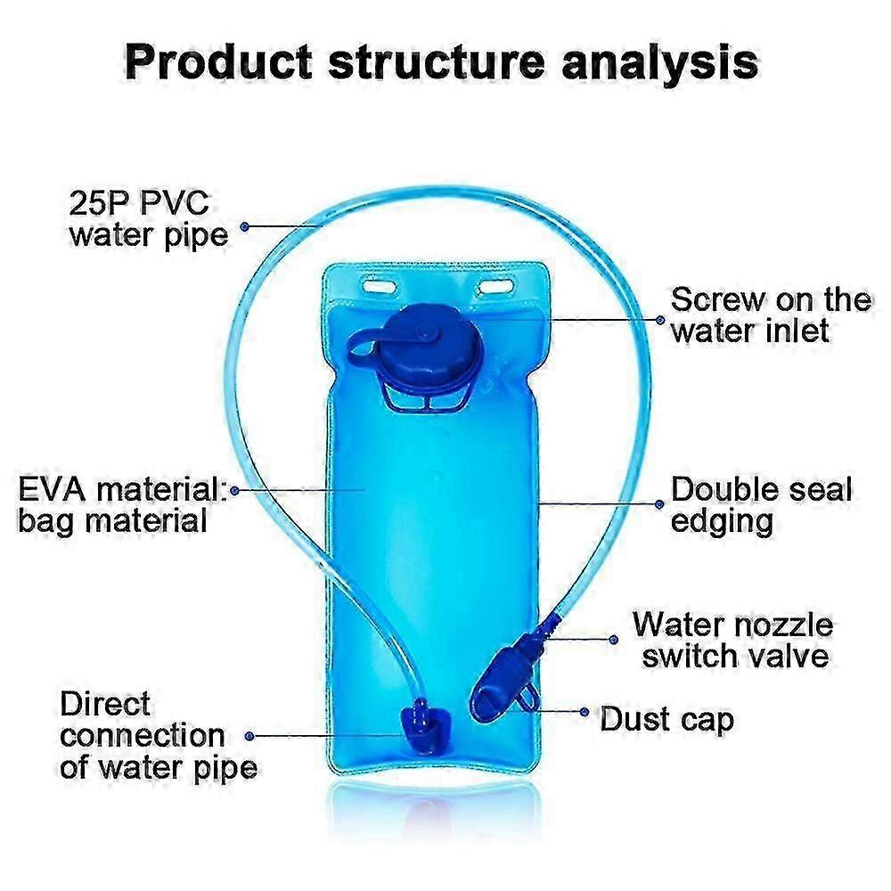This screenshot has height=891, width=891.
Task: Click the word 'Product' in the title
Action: click(x=218, y=62)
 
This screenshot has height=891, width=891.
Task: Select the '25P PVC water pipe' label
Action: click(x=148, y=220)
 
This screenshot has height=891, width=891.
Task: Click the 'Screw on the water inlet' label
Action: click(x=771, y=315)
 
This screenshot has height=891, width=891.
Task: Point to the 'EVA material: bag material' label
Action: click(x=121, y=505)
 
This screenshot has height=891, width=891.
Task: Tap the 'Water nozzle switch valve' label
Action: click(x=733, y=641)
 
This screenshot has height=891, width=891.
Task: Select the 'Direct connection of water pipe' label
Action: click(x=158, y=736)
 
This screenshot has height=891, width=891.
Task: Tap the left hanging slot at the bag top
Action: click(x=380, y=285)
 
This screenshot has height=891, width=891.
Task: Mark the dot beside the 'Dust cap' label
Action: click(x=584, y=711)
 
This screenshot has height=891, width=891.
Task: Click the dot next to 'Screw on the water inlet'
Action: click(x=659, y=320)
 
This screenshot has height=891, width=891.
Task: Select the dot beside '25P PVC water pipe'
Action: click(x=245, y=226)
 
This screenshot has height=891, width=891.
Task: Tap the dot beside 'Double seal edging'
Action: click(x=659, y=504)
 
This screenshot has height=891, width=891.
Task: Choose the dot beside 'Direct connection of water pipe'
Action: click(x=249, y=736)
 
